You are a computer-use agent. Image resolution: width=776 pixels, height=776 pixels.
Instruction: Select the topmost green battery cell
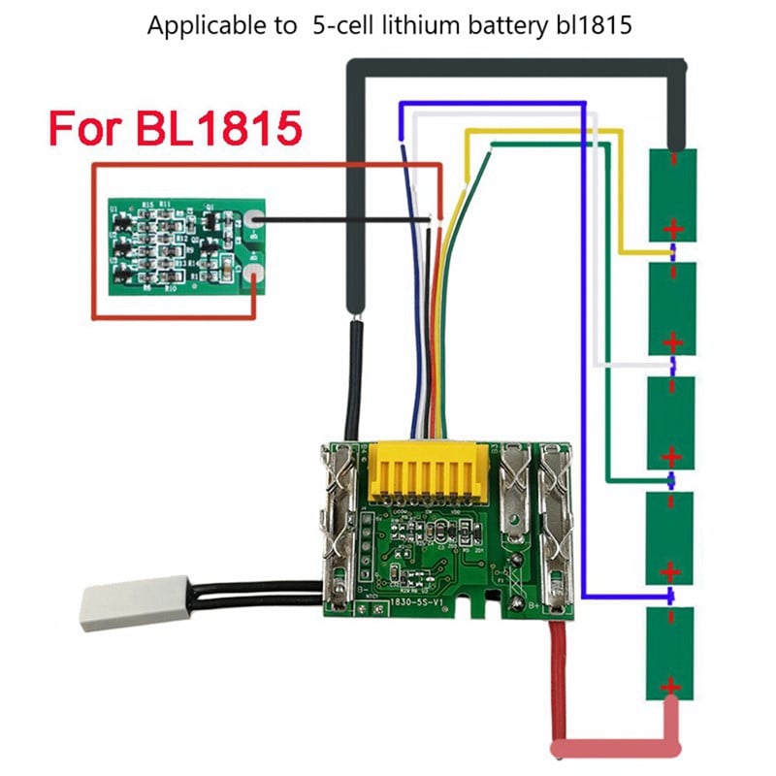click(672, 194)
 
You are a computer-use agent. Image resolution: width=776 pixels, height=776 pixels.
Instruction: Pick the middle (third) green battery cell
click(672, 422)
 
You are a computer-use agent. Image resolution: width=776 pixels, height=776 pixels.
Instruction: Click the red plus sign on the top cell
click(672, 229)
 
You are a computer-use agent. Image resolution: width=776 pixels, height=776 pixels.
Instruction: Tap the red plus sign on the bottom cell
click(672, 686)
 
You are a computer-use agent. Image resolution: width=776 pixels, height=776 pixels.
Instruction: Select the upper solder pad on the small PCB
click(253, 221)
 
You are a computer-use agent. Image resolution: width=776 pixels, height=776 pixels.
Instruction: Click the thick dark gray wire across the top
click(514, 65)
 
